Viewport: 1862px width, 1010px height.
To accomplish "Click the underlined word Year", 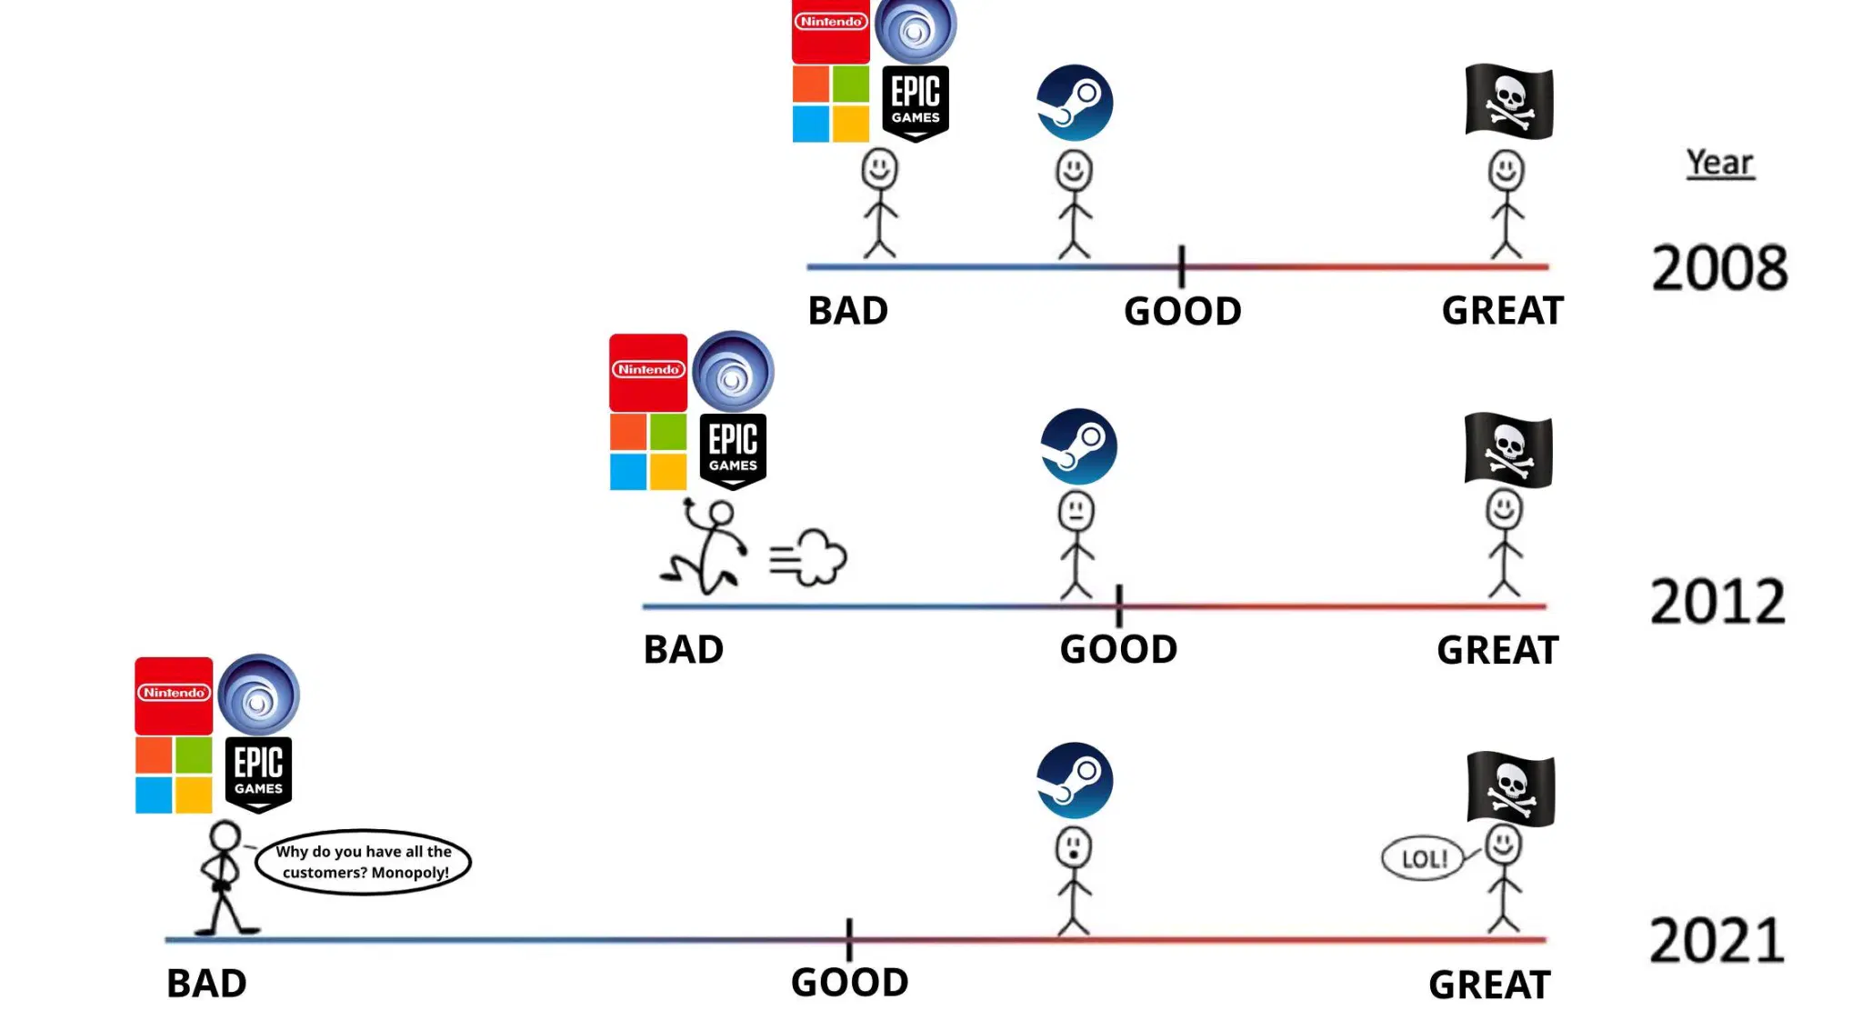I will coord(1719,163).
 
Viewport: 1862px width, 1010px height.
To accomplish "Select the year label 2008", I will coord(1719,268).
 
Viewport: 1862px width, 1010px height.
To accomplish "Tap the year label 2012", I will coord(1717,602).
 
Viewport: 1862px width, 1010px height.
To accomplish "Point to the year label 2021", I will coord(1717,941).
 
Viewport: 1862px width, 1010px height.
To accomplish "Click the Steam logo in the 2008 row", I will coord(1075,103).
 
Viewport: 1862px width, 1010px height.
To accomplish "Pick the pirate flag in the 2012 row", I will coord(1508,450).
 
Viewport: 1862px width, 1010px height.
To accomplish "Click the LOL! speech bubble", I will coord(1423,859).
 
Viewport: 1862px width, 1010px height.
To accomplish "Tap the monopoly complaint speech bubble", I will coord(363,862).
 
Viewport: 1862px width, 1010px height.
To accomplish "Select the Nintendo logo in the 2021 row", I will coord(174,695).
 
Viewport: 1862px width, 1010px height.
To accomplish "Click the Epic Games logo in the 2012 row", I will coord(733,451).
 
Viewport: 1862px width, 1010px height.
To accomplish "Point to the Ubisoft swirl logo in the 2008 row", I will coord(915,30).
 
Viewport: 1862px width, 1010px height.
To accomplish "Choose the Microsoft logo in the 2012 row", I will coord(647,452).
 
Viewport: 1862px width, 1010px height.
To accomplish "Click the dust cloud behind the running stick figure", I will coord(811,557).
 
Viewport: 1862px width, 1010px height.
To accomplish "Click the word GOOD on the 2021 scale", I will coord(849,982).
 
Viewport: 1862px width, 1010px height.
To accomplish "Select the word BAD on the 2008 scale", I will coord(847,311).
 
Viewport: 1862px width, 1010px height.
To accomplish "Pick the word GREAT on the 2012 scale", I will coord(1497,650).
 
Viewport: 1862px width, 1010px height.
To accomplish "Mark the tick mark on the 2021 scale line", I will coord(849,939).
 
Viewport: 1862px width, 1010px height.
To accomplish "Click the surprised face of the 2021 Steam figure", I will coord(1074,847).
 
